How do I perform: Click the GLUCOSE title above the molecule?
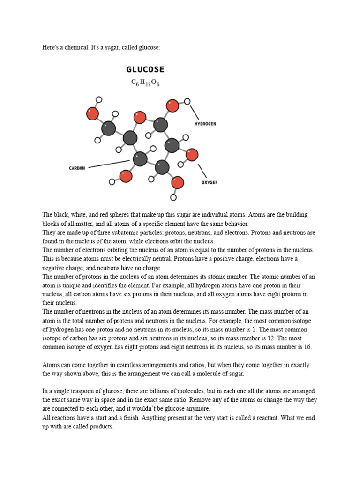(145, 69)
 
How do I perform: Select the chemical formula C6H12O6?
(145, 83)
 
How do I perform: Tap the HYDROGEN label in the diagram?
(205, 124)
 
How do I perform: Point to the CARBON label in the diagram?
(77, 168)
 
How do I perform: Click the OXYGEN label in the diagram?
(210, 182)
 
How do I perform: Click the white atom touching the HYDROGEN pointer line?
(187, 101)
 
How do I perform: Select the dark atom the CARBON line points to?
(140, 159)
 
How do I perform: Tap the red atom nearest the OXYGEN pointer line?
(192, 154)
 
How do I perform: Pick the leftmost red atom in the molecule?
(93, 113)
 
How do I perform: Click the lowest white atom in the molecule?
(173, 197)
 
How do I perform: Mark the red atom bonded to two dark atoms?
(140, 117)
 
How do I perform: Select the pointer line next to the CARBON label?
(108, 164)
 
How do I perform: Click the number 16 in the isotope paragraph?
(307, 347)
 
